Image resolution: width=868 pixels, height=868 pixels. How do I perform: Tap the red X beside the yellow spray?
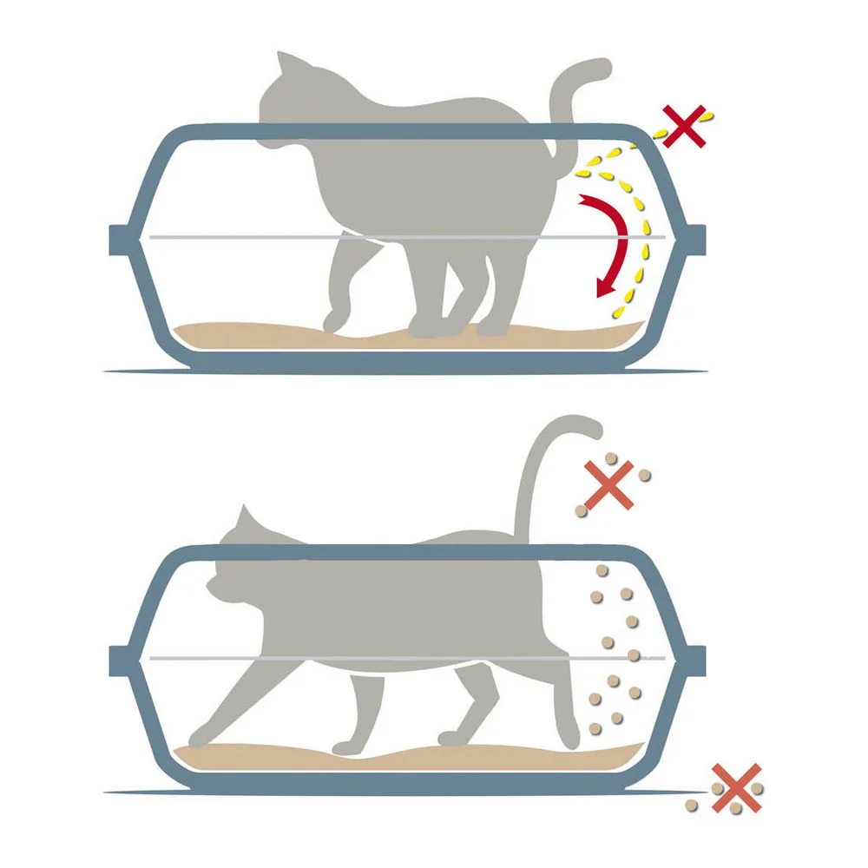coord(685,127)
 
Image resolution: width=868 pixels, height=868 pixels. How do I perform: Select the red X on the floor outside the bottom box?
coord(736,788)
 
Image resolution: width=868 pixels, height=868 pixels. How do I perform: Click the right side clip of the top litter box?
coord(694,239)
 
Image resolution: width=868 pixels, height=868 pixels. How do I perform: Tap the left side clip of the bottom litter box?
coord(119,661)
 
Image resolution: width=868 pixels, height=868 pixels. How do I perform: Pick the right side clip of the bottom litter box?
coord(694,661)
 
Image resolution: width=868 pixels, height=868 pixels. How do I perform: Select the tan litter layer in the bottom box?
coord(260,758)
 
